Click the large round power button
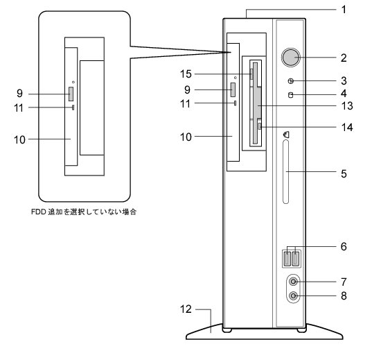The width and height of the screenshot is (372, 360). tap(291, 58)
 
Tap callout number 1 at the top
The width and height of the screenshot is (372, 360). tap(344, 10)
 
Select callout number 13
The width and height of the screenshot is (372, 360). tap(347, 105)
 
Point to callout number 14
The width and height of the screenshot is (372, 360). tap(347, 128)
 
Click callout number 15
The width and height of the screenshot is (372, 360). tap(186, 74)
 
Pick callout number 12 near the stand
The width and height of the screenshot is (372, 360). tap(186, 309)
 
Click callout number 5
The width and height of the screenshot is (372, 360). tap(344, 173)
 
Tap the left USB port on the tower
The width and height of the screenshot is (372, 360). tap(287, 259)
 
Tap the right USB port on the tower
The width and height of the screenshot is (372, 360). tap(295, 259)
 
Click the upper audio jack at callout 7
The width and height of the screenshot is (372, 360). tap(294, 282)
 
